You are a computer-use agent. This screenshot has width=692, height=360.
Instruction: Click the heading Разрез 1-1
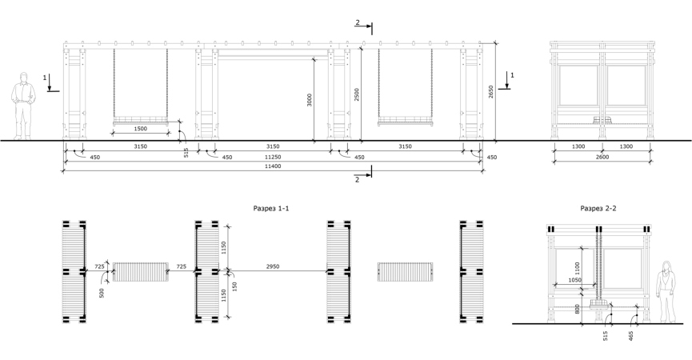click(271, 208)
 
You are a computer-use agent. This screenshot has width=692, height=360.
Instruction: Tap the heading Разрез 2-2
click(598, 208)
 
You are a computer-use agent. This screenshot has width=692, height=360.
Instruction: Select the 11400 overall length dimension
click(273, 166)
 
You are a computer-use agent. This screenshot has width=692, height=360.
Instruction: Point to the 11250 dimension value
click(273, 157)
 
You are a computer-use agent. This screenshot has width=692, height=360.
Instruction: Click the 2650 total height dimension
click(490, 92)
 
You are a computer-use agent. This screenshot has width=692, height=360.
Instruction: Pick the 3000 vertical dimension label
click(310, 100)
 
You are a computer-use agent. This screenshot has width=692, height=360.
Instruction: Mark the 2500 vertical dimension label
click(357, 94)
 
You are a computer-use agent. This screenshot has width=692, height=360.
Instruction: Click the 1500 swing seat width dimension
click(140, 129)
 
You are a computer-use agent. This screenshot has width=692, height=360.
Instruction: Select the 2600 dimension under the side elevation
click(602, 157)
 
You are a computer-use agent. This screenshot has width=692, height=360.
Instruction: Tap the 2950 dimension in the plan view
click(273, 266)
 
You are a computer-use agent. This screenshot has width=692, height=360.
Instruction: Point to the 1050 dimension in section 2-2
click(574, 280)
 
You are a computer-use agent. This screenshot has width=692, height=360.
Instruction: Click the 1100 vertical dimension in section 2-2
click(578, 268)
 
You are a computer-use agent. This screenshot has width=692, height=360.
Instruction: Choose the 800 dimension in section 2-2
click(578, 309)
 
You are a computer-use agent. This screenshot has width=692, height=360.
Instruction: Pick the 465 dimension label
click(630, 336)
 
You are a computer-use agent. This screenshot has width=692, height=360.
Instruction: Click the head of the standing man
click(24, 78)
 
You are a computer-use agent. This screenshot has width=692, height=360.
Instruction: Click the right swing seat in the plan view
click(405, 272)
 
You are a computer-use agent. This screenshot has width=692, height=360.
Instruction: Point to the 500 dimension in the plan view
click(102, 293)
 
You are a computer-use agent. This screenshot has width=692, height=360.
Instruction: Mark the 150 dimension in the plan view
click(234, 286)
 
